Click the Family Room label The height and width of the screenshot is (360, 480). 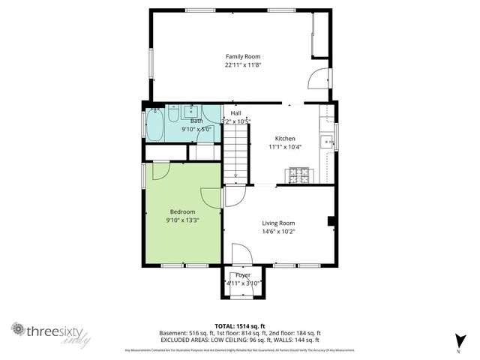click(242, 55)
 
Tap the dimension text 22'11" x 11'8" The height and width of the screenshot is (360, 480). click(242, 65)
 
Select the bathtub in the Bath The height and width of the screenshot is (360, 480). click(155, 124)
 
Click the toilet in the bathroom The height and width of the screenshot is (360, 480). click(172, 115)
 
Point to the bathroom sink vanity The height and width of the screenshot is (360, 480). click(190, 111)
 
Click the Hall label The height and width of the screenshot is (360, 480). click(235, 112)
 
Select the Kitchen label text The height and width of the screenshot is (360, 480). click(285, 139)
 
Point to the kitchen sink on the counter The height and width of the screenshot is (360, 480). click(327, 141)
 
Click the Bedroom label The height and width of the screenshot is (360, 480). click(182, 211)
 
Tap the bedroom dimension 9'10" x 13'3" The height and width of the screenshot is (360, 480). click(182, 220)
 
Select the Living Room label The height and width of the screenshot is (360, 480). click(277, 223)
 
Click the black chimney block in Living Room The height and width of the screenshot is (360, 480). click(330, 220)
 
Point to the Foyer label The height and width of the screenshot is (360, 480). click(242, 275)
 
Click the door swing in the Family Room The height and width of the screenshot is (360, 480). click(318, 79)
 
